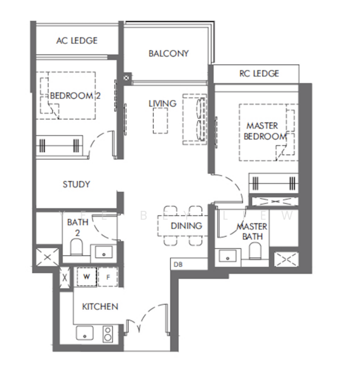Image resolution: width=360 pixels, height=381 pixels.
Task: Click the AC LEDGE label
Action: click(x=77, y=41)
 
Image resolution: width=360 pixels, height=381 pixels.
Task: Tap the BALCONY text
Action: click(x=168, y=54)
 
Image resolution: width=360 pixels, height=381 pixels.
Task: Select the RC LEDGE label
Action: click(x=259, y=74)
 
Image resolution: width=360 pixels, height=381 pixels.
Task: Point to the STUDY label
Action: click(x=76, y=185)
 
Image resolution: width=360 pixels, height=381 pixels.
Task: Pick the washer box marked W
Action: click(x=85, y=277)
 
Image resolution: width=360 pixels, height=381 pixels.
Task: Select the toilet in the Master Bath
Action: click(x=255, y=252)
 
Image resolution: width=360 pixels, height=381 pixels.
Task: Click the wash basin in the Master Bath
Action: click(x=228, y=256)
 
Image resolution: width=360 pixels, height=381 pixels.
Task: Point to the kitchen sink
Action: click(x=85, y=333)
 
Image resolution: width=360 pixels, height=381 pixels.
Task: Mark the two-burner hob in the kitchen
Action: click(x=107, y=333)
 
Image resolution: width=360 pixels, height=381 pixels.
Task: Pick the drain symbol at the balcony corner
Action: click(x=128, y=78)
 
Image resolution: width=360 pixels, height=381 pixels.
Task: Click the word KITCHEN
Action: click(x=100, y=307)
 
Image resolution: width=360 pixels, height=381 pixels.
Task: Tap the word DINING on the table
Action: click(x=186, y=226)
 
